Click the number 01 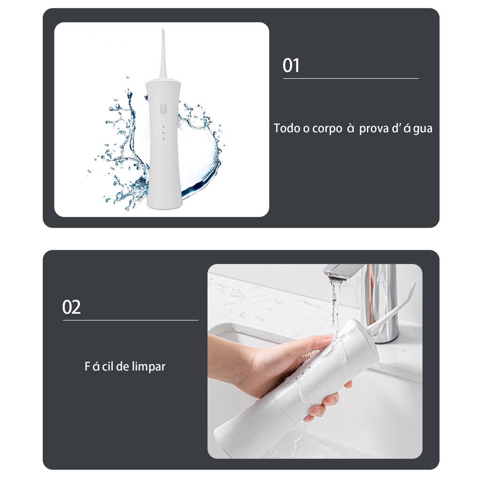(x=291, y=65)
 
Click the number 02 (x=71, y=307)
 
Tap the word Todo (x=287, y=128)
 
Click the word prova (x=374, y=129)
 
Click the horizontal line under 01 (x=351, y=79)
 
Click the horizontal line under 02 (x=131, y=320)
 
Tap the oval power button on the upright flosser (x=163, y=108)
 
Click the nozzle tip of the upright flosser (x=163, y=31)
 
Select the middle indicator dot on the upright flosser (x=163, y=133)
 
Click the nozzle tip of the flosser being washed (x=413, y=285)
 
